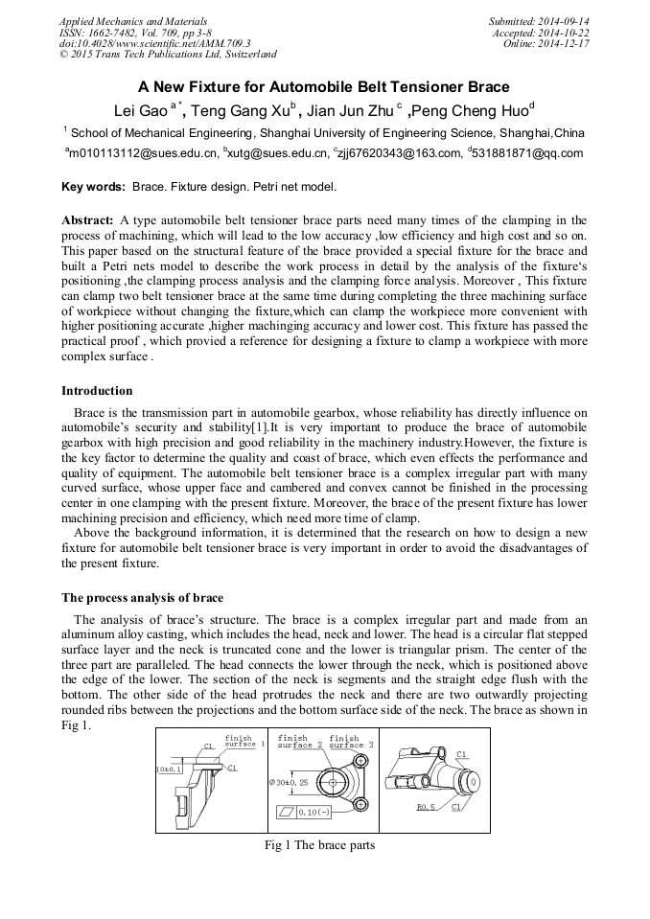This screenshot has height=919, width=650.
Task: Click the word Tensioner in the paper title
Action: coord(413,86)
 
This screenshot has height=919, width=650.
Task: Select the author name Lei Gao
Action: coord(140,109)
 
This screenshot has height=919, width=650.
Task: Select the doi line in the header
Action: coord(154,44)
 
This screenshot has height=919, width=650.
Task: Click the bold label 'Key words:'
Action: coord(93,186)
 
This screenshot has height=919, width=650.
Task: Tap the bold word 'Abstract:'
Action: coord(87,220)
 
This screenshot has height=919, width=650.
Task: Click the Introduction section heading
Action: coord(97,391)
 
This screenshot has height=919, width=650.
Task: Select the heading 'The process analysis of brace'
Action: coord(142,598)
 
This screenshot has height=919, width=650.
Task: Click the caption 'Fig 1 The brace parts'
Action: coord(319,845)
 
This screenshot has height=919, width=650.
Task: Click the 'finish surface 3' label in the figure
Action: coord(350,742)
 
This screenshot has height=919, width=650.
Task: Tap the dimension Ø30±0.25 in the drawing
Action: coord(290,783)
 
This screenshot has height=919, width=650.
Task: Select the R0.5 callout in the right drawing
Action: coord(426,807)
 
